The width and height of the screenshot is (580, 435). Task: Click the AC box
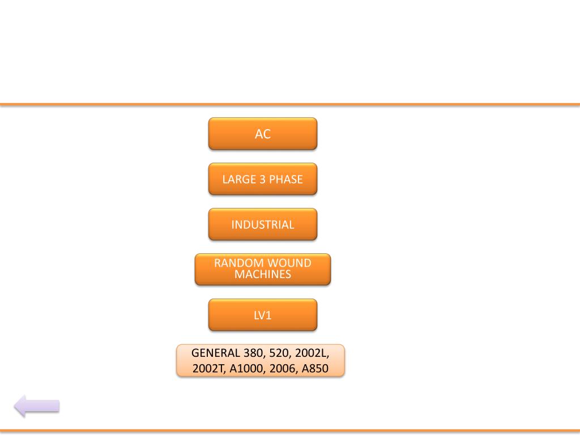tap(262, 134)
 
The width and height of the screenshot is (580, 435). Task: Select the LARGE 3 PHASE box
tap(262, 180)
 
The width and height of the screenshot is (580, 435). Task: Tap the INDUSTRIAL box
tap(262, 225)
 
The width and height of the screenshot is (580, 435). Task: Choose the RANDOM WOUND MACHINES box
tap(262, 269)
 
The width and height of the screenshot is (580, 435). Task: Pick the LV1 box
tap(262, 315)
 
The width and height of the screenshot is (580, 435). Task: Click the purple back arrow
tap(37, 406)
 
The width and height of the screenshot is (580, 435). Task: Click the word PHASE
tap(286, 180)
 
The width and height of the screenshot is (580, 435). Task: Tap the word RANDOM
tap(238, 263)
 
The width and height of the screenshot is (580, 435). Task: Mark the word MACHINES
tap(263, 275)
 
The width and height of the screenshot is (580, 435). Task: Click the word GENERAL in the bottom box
tap(215, 353)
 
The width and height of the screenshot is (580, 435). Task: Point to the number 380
tap(253, 353)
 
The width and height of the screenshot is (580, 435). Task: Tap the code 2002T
tap(210, 369)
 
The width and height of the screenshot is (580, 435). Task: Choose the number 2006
tap(282, 369)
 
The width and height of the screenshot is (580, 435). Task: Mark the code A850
tap(315, 369)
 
